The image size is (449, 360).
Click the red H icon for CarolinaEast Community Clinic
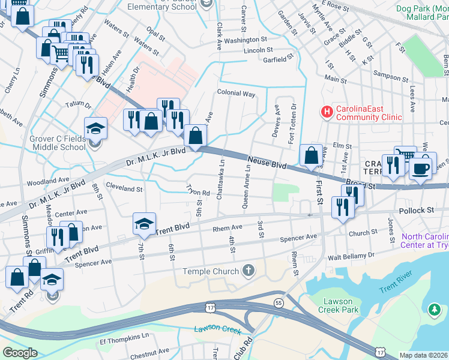(x=327, y=112)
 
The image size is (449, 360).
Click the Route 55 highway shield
(x=279, y=302)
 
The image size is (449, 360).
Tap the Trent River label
(x=396, y=282)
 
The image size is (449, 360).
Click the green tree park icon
(x=435, y=309)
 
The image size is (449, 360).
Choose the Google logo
(x=20, y=353)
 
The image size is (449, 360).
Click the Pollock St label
(x=417, y=211)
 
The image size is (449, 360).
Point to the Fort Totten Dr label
(x=293, y=120)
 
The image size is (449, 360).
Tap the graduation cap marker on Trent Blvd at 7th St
(x=144, y=224)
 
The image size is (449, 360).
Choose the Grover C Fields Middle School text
(x=58, y=142)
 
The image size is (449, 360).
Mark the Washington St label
(x=237, y=40)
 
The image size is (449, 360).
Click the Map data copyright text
(x=424, y=355)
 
